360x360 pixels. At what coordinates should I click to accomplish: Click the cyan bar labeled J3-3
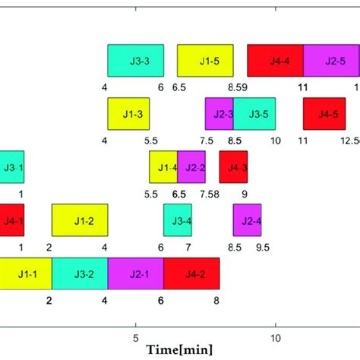[x=135, y=61]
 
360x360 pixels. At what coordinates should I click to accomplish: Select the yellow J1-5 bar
[x=205, y=61]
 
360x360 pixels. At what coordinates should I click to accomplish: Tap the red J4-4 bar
[x=275, y=61]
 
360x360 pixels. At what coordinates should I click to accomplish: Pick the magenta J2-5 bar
[x=331, y=61]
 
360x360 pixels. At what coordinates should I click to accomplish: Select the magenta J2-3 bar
[x=219, y=114]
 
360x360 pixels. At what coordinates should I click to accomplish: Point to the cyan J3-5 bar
[x=254, y=114]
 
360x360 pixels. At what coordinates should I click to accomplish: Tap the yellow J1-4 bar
[x=163, y=167]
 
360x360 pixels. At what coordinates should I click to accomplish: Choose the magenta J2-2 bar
[x=191, y=167]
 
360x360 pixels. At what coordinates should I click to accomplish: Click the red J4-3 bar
[x=233, y=167]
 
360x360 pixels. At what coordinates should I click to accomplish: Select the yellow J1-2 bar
[x=80, y=220]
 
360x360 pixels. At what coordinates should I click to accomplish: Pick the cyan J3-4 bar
[x=177, y=220]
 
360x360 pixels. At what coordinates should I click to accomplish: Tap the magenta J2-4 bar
[x=247, y=220]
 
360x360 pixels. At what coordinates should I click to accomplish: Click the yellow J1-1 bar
[x=26, y=273]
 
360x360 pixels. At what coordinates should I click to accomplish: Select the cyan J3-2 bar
[x=80, y=273]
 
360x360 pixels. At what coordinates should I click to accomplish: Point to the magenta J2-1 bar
[x=135, y=273]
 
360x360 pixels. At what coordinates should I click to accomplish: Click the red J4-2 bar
[x=191, y=273]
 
